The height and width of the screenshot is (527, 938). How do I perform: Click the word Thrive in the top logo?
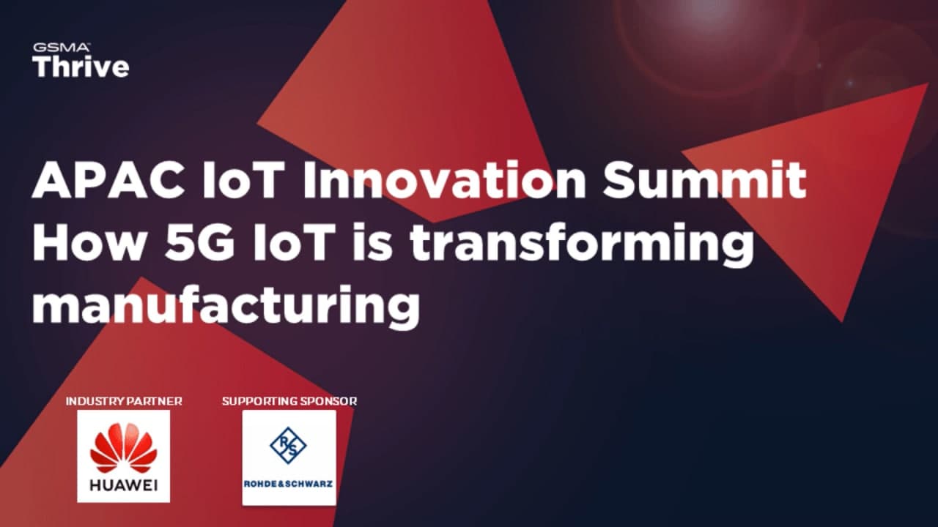coord(81,67)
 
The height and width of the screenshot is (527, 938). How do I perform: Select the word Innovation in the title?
coord(444,181)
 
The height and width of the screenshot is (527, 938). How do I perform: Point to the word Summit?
coord(704,181)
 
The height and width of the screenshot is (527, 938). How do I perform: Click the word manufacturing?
coord(225,307)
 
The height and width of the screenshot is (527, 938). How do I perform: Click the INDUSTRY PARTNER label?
coord(124,401)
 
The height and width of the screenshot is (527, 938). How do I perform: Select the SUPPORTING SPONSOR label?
coord(289,401)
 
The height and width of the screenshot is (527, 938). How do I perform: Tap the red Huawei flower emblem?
coord(123,448)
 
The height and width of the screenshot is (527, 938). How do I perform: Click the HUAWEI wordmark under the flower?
coord(123,485)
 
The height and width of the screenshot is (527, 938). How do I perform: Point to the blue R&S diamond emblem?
coord(288,446)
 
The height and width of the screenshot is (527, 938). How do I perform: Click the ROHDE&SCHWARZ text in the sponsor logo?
coord(289,484)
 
